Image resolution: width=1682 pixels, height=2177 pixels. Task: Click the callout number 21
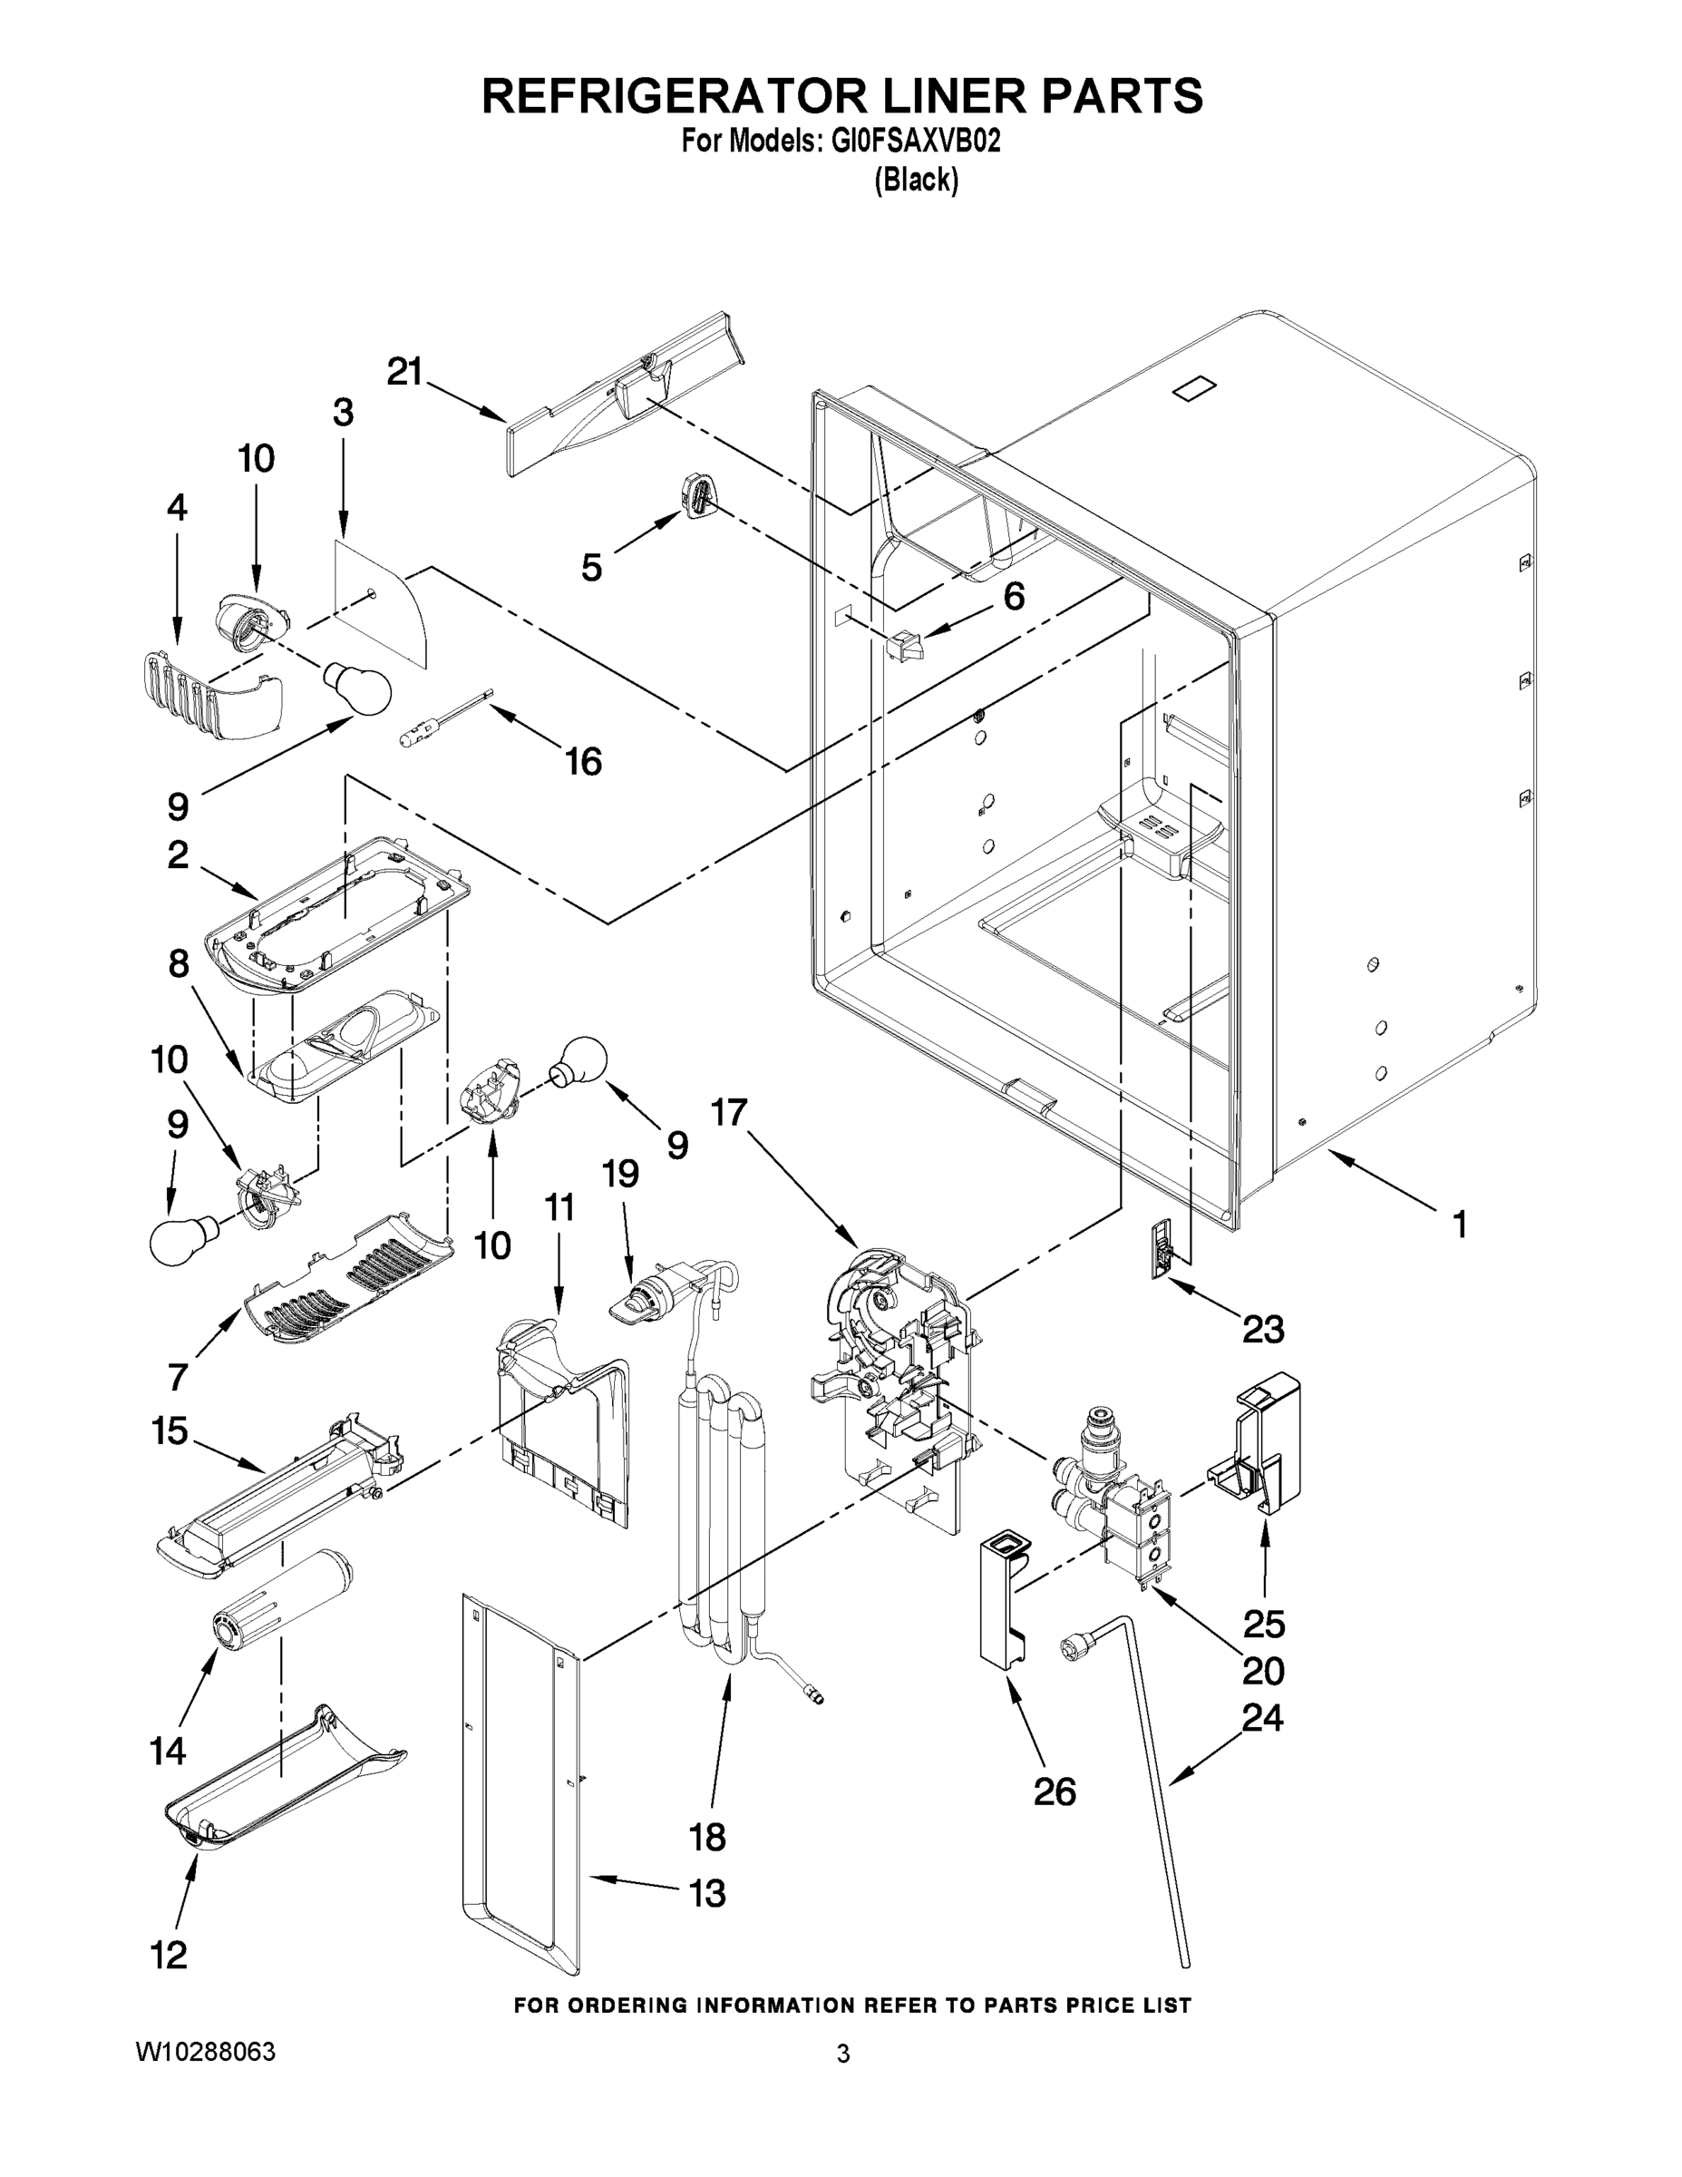tap(404, 372)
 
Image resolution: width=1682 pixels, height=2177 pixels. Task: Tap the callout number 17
tap(728, 1112)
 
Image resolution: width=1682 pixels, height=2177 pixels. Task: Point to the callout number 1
tap(1459, 1224)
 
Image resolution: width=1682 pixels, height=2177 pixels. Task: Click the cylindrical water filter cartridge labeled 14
tap(283, 1606)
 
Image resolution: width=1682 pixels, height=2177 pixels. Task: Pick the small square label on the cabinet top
tap(1196, 387)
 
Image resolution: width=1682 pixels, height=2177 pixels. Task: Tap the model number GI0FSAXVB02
tap(914, 142)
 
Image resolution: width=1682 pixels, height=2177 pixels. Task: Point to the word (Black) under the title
tap(916, 181)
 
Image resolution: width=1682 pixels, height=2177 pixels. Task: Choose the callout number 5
tap(591, 568)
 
